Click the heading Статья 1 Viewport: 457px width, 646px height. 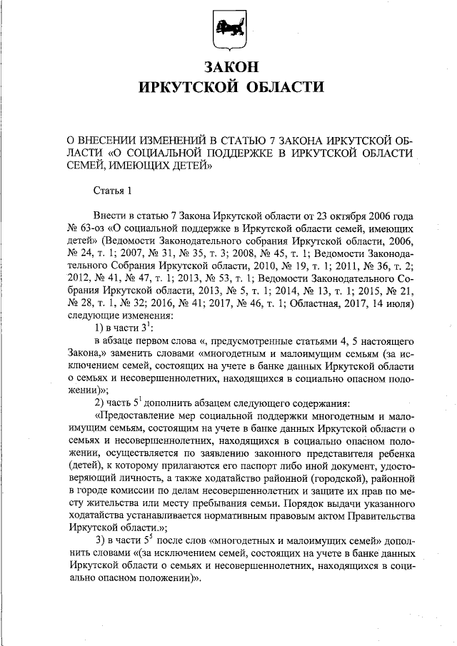tap(114, 191)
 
